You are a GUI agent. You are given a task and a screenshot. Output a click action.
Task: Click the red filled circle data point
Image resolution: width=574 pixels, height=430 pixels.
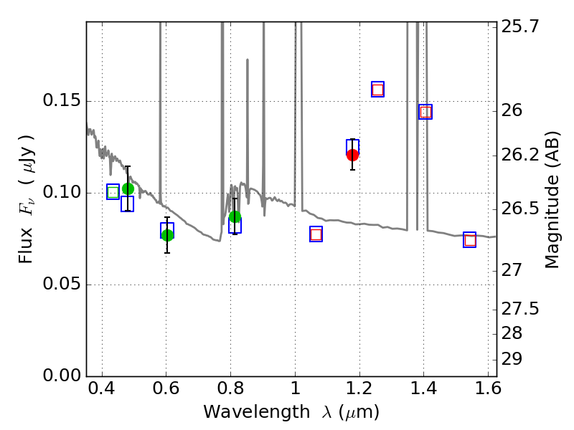click(x=352, y=155)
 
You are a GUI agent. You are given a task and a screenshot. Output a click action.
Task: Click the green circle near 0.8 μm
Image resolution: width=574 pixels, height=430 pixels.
click(x=235, y=217)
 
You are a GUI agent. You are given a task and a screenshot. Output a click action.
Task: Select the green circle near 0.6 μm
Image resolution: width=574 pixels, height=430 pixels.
click(x=167, y=235)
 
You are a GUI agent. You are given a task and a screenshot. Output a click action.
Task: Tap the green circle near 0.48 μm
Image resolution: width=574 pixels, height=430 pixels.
click(x=128, y=189)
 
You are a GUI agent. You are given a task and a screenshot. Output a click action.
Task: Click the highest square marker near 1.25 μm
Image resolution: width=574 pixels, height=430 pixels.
click(x=377, y=90)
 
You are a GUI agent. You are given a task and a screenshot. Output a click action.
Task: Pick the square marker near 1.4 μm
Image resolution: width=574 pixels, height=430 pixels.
click(x=425, y=112)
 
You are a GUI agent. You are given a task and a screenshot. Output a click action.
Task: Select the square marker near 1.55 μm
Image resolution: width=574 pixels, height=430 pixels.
click(x=470, y=240)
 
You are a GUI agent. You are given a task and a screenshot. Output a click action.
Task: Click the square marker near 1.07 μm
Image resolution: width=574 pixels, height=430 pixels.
click(x=316, y=234)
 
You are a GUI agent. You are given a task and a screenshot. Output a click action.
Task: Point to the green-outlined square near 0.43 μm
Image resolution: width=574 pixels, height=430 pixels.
click(x=113, y=192)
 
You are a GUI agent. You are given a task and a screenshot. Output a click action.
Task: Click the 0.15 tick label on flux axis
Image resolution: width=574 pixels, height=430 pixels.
click(x=61, y=101)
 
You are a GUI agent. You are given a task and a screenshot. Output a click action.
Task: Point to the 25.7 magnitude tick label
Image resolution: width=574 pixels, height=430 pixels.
click(x=521, y=27)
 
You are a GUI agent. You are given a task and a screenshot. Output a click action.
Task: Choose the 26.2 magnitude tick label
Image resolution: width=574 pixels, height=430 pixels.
click(x=521, y=155)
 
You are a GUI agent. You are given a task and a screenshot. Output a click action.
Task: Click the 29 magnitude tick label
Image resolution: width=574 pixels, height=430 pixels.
click(x=514, y=358)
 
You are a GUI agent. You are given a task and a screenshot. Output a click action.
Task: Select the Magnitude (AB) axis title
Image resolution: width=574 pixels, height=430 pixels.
click(x=552, y=199)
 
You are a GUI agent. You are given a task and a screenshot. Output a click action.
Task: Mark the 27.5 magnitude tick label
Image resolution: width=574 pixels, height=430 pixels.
click(x=521, y=309)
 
